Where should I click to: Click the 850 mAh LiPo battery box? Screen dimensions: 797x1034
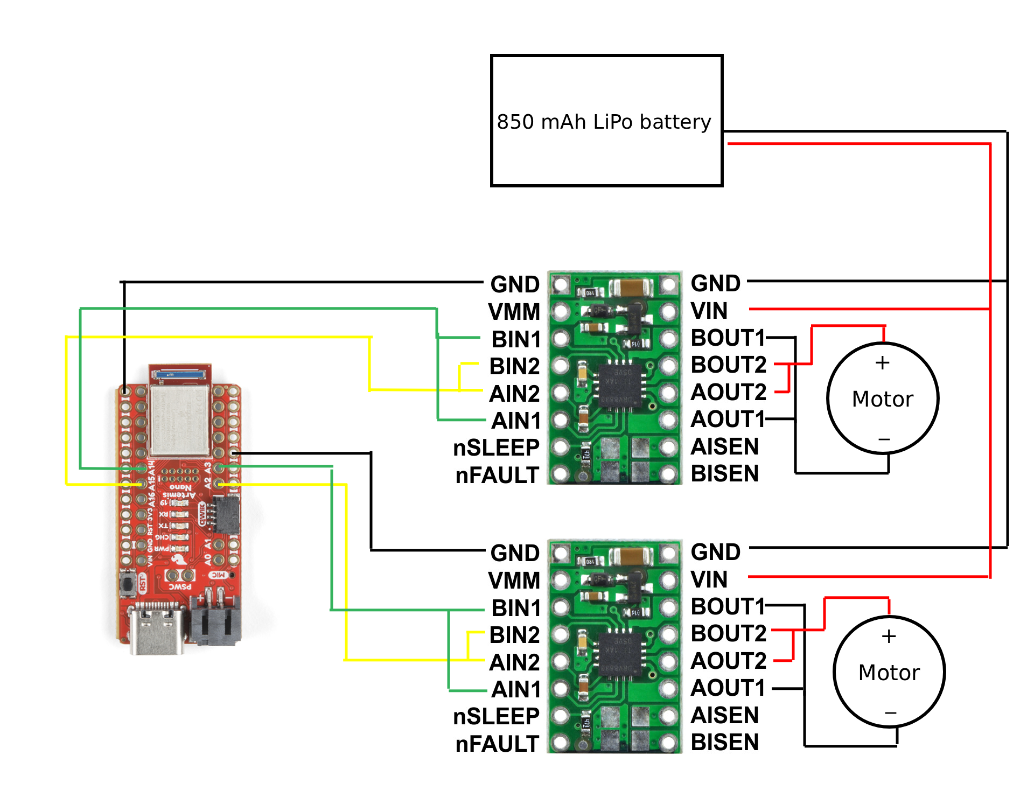coord(606,121)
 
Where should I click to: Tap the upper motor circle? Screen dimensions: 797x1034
coord(883,398)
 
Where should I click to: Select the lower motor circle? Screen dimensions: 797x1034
coord(889,672)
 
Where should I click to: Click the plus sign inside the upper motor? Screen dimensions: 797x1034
coord(882,363)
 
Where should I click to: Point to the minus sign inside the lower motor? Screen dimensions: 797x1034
coord(890,713)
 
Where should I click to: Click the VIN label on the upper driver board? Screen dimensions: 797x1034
coord(709,311)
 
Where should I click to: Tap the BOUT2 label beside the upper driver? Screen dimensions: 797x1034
coord(728,365)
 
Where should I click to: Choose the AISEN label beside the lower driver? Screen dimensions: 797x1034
coord(724,715)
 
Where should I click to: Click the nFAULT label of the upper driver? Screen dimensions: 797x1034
coord(497,476)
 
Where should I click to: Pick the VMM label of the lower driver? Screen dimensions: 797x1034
coord(514,581)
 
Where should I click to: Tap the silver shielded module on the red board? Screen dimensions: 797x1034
coord(179,420)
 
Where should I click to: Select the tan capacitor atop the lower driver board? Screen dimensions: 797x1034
coord(630,556)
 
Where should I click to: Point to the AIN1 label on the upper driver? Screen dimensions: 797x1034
coord(516,421)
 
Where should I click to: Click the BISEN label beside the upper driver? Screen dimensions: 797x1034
coord(724,473)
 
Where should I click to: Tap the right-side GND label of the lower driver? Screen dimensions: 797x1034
coord(716,552)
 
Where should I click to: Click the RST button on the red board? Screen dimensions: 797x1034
coord(128,583)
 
